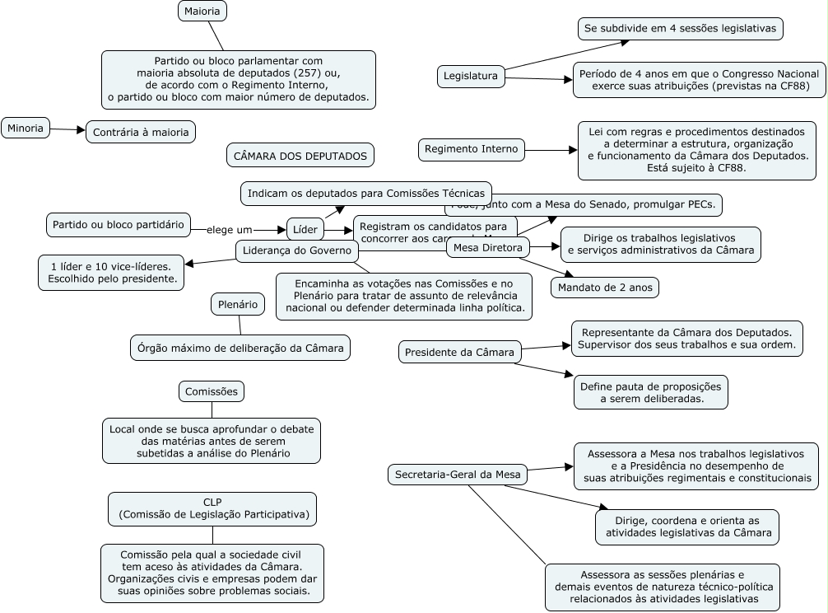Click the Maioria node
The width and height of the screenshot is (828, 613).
202,12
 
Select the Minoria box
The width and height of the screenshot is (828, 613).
26,129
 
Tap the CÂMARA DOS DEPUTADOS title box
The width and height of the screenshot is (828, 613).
300,156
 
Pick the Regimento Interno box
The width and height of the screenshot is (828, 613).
472,150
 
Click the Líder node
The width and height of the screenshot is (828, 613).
305,229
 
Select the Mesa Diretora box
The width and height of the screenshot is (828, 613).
488,247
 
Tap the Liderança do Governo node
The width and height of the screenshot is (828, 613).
297,251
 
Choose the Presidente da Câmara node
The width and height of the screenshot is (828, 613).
460,353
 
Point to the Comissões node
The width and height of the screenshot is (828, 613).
212,391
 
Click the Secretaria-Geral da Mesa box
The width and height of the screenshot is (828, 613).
458,475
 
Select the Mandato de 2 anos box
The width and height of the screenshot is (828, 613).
605,288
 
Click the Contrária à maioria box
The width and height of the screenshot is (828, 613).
141,132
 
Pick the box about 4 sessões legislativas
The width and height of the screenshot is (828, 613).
680,29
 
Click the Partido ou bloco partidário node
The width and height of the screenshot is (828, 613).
118,224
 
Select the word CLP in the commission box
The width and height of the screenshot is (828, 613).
212,502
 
